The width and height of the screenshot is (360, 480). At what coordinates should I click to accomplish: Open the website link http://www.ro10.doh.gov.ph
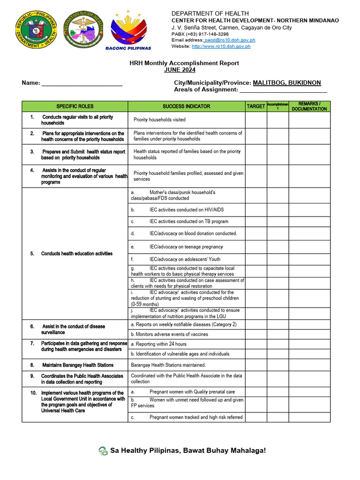click(x=221, y=46)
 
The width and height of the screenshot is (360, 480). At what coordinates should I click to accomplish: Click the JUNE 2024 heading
click(x=180, y=70)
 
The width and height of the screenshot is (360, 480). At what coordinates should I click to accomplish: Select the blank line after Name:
click(x=82, y=83)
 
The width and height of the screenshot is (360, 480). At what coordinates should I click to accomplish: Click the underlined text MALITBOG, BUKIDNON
click(x=287, y=82)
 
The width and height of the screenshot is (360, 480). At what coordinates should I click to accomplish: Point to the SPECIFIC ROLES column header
click(x=75, y=106)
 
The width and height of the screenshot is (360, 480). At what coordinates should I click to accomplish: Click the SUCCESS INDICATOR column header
click(x=187, y=106)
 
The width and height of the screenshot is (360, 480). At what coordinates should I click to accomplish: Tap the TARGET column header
click(x=256, y=106)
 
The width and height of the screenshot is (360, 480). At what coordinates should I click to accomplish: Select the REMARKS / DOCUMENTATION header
click(x=309, y=106)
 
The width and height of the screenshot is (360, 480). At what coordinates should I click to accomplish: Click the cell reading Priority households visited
click(x=159, y=120)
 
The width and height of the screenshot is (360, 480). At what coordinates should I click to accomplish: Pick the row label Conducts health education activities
click(x=77, y=254)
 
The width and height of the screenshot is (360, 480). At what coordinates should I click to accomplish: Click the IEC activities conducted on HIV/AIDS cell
click(x=180, y=210)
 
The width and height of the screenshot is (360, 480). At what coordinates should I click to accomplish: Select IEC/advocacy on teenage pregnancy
click(x=186, y=247)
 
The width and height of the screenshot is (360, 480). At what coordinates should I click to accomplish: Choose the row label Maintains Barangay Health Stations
click(x=78, y=365)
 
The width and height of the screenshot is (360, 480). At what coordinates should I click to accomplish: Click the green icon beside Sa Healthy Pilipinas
click(x=103, y=451)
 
